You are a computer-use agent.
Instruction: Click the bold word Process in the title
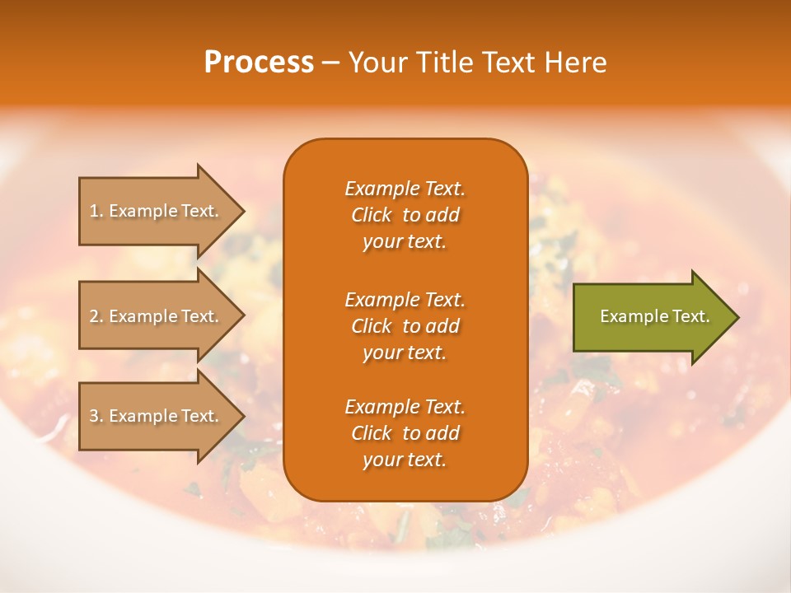(259, 63)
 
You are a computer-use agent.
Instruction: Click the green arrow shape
(651, 316)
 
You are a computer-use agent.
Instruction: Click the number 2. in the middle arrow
(96, 316)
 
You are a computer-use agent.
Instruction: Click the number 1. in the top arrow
(96, 211)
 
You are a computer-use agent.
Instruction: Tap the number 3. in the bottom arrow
(96, 416)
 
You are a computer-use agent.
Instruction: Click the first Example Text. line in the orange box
(405, 189)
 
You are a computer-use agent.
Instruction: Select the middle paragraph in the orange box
(405, 326)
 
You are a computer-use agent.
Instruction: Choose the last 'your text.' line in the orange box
(405, 460)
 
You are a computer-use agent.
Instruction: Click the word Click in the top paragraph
(372, 215)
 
